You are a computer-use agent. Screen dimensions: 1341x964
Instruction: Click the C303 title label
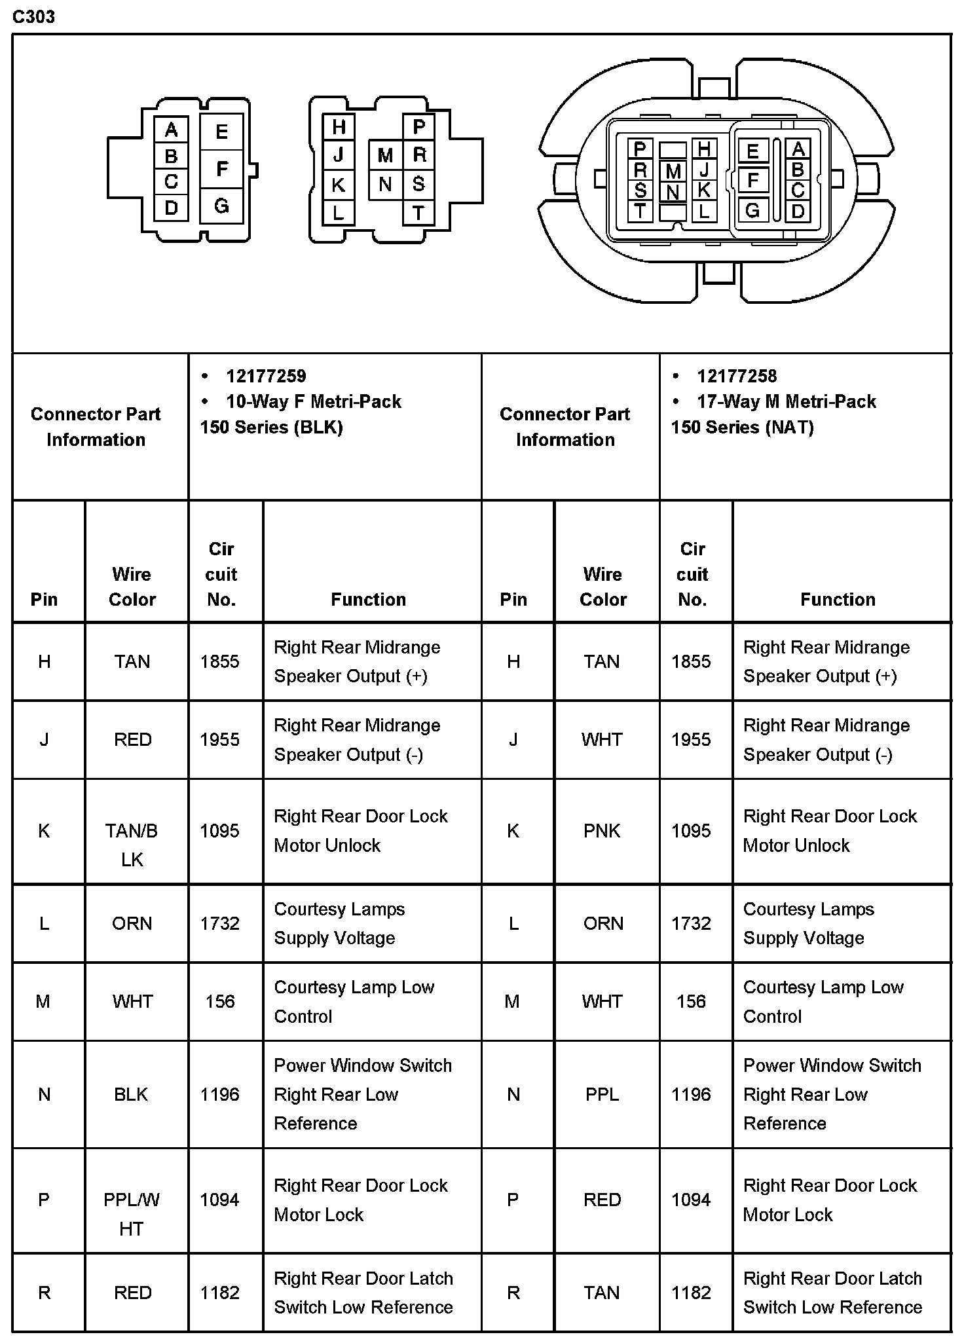point(33,17)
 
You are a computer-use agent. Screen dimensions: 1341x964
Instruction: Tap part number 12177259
point(266,376)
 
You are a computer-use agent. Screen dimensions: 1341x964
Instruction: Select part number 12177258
point(737,376)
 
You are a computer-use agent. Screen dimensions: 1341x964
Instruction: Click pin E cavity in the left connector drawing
point(221,132)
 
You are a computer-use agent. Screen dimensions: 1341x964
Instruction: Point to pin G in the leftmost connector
point(221,206)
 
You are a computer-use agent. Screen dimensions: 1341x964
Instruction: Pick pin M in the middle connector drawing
point(385,156)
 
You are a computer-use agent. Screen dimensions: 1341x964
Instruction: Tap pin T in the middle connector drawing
point(418,213)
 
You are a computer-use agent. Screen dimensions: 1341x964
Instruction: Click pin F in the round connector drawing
point(752,180)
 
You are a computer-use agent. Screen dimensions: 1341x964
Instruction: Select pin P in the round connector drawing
point(640,149)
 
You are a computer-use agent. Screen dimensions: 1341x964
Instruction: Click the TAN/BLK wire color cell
point(132,845)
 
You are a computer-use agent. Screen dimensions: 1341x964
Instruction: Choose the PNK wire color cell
point(602,831)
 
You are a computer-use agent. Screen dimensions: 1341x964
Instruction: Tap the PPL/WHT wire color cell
point(132,1214)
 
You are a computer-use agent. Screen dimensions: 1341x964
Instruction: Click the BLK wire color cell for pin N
point(132,1094)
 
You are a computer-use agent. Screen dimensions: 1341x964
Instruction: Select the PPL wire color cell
point(602,1094)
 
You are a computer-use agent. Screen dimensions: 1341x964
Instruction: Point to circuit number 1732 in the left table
point(220,923)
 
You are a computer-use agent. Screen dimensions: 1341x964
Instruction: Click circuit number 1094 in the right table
point(691,1200)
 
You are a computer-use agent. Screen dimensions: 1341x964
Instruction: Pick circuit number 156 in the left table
point(220,1001)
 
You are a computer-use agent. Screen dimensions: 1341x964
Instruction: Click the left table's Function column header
point(368,599)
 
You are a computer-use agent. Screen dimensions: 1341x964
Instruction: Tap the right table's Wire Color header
point(602,587)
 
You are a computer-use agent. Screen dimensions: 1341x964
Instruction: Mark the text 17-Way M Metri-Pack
point(786,401)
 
